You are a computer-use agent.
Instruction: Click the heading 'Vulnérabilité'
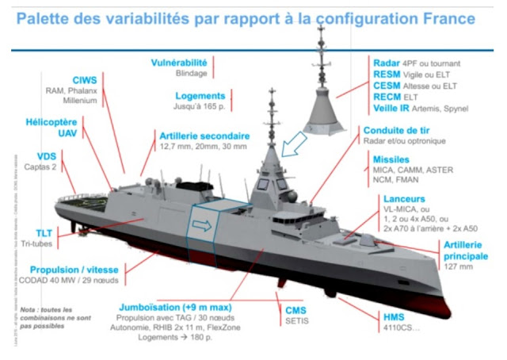(x=179, y=62)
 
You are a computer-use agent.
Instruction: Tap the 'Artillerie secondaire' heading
(x=204, y=136)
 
